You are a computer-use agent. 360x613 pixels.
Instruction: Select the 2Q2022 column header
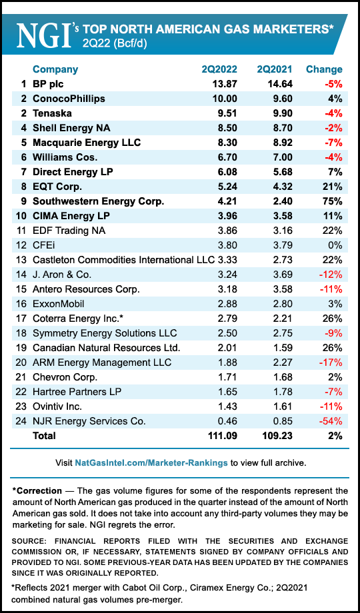click(221, 69)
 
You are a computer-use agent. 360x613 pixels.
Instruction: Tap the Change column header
click(324, 69)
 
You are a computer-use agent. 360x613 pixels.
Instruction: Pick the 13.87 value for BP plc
click(222, 84)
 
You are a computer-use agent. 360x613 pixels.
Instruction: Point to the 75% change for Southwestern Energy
click(331, 201)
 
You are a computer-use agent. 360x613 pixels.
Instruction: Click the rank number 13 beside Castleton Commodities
click(22, 260)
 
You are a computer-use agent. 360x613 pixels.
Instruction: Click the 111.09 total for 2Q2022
click(219, 436)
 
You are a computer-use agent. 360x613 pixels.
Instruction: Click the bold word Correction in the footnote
click(40, 491)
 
